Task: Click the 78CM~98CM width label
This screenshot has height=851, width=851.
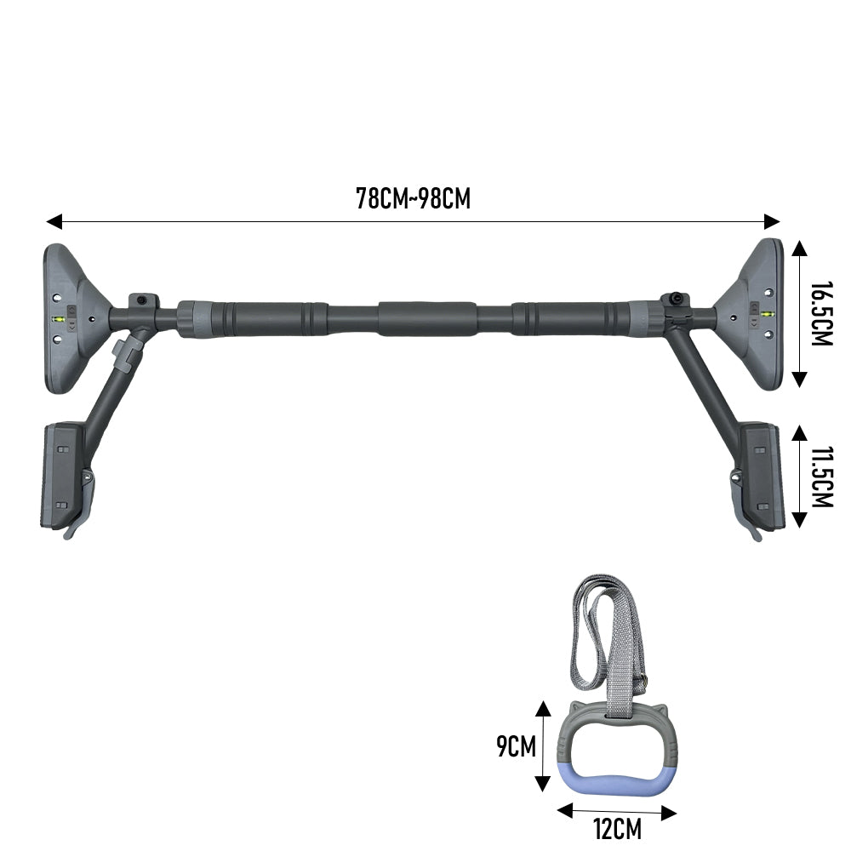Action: point(413,198)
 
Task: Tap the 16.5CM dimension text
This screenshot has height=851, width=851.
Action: point(821,314)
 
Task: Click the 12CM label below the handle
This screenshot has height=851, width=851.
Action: point(617,829)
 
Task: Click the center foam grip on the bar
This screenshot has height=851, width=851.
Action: point(428,318)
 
